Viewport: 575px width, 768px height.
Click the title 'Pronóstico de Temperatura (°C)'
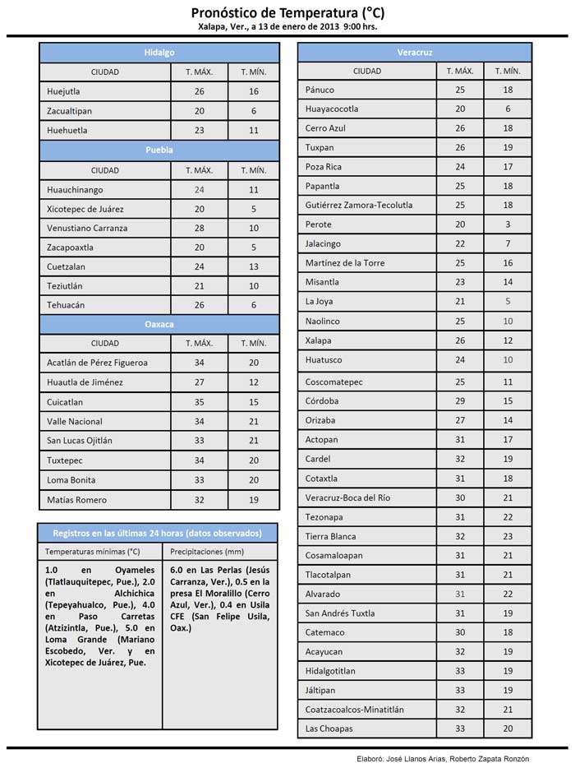[287, 12]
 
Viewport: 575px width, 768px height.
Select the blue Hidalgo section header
[159, 53]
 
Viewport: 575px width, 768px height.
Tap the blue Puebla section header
[159, 150]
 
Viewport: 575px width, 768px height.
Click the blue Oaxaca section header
[159, 324]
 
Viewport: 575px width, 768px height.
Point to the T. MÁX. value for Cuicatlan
[199, 402]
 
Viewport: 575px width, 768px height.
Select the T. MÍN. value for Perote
[508, 224]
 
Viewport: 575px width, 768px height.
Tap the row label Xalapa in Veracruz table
[318, 340]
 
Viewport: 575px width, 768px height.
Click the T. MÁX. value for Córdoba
[460, 401]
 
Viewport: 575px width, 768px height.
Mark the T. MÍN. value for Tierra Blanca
[508, 536]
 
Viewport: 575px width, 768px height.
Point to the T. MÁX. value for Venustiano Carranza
[199, 228]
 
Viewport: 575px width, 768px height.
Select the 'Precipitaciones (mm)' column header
[202, 552]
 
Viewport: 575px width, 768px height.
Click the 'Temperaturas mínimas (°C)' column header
[93, 552]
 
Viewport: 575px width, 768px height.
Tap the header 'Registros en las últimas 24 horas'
[157, 532]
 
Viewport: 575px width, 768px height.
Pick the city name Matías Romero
[77, 500]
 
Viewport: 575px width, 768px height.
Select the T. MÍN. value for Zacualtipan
[254, 111]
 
